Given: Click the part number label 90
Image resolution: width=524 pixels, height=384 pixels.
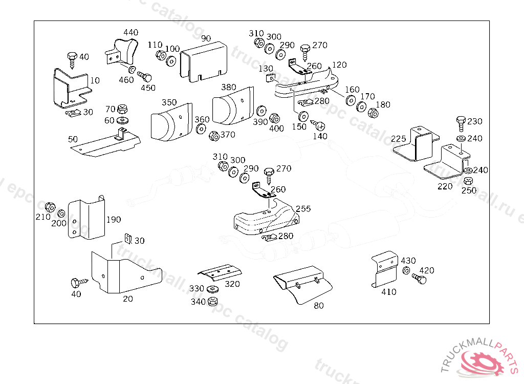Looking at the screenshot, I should point(206,39).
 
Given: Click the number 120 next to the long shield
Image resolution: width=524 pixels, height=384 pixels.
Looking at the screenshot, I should point(339,65).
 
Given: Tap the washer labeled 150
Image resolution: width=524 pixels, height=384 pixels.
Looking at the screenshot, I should point(302,115).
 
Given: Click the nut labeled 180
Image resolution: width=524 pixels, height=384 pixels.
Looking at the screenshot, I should point(373,112).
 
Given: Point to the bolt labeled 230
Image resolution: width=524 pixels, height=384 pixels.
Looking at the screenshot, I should point(460,123).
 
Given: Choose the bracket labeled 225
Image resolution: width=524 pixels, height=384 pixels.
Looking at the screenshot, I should point(416,144).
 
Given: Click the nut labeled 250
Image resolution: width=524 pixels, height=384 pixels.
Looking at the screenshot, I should point(468,181).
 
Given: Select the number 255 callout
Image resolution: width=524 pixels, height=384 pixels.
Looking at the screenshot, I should point(303,209).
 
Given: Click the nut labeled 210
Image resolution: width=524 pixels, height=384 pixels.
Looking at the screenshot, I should point(50,207).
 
